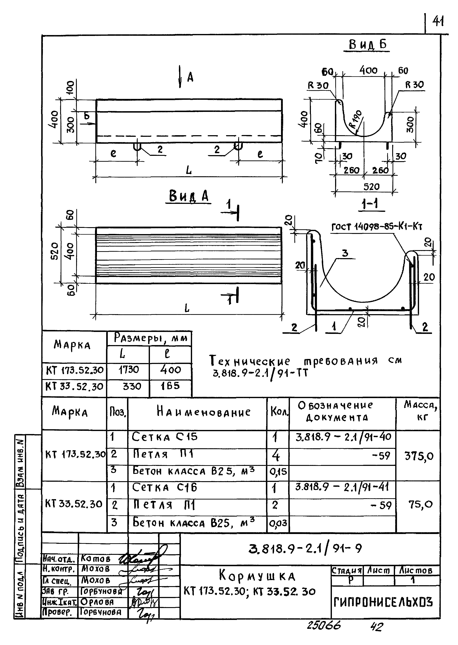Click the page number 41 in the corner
click(438, 21)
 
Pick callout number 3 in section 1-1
click(345, 253)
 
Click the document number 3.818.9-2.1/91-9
click(305, 549)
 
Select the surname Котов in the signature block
click(96, 558)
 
